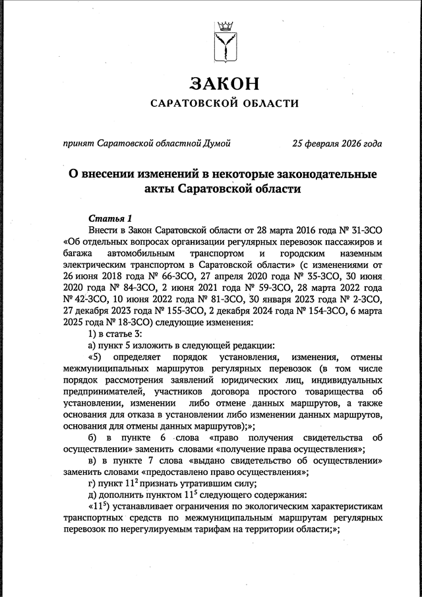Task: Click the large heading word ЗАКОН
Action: pos(224,84)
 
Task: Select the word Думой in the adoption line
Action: pos(218,142)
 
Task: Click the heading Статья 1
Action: pos(111,218)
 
